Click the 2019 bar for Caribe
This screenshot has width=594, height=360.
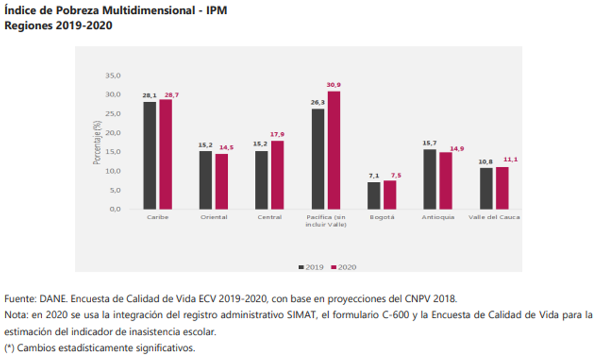click(149, 155)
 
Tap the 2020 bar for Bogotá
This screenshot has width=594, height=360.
click(390, 194)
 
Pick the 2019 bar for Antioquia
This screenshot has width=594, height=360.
click(430, 179)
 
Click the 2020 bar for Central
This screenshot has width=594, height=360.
click(277, 175)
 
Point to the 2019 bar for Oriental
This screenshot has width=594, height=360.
click(205, 180)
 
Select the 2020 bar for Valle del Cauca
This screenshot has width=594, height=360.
click(502, 188)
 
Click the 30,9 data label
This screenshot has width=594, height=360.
click(334, 85)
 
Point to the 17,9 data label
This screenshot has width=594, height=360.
click(277, 134)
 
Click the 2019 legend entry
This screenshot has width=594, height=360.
click(311, 266)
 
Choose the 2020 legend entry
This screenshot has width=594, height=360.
click(344, 266)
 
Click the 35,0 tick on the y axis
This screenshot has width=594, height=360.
click(113, 76)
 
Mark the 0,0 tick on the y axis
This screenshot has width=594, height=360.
click(115, 209)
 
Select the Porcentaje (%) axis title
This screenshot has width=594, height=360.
click(97, 143)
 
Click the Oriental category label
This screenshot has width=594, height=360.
click(213, 217)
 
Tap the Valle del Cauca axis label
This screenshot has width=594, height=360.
click(494, 217)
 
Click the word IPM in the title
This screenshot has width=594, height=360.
click(215, 11)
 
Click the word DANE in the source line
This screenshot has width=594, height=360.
click(53, 299)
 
